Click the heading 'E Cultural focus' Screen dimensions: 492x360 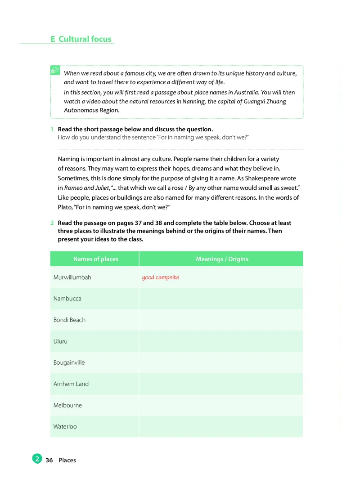(x=81, y=39)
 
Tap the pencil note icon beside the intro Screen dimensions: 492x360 (x=55, y=71)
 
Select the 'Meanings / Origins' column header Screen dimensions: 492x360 (x=222, y=259)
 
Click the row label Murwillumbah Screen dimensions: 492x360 (x=72, y=277)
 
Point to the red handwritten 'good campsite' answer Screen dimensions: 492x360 (x=160, y=277)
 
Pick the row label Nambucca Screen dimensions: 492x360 (x=67, y=299)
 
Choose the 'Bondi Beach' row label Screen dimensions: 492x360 (x=69, y=320)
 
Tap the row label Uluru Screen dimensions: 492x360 (x=60, y=341)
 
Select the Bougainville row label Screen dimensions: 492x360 (x=69, y=362)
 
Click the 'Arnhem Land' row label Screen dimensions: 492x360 (x=71, y=384)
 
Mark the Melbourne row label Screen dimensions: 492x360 (x=67, y=405)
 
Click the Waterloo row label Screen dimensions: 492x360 (x=65, y=426)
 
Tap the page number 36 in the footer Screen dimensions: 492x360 (x=49, y=460)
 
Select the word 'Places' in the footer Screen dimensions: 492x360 (x=67, y=460)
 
